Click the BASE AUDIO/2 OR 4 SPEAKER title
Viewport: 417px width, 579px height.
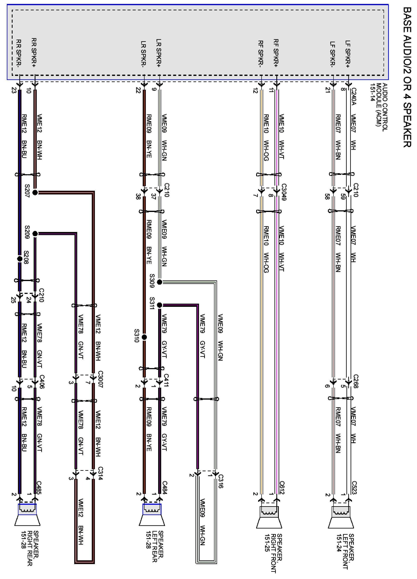click(407, 76)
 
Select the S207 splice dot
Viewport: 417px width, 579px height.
click(35, 193)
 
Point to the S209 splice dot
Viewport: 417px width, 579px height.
click(35, 233)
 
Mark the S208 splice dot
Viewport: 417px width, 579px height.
click(20, 259)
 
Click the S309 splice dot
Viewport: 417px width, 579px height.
click(160, 282)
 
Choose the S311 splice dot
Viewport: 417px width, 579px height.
click(160, 305)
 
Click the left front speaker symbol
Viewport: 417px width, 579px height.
click(341, 517)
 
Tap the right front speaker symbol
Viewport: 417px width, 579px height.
click(269, 517)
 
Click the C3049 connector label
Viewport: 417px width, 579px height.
click(284, 192)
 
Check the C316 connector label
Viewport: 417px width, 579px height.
click(221, 481)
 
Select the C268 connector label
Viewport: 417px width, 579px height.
click(356, 381)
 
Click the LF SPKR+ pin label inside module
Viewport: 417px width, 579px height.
click(348, 54)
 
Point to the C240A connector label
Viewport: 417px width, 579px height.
click(353, 96)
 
